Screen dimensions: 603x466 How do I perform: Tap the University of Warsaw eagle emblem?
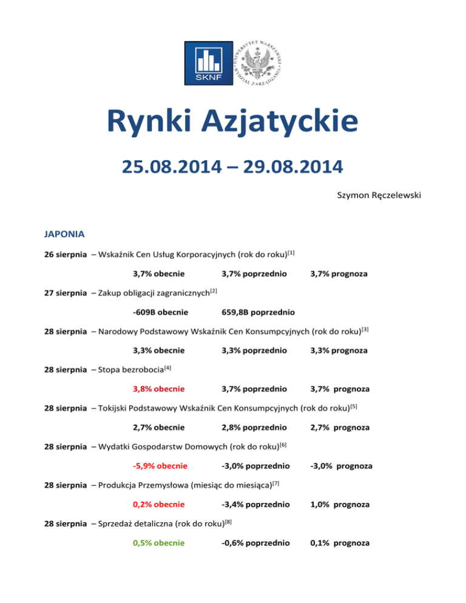tap(259, 62)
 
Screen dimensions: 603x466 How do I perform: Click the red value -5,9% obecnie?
tap(160, 466)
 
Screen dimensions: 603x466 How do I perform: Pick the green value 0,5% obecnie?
tap(159, 543)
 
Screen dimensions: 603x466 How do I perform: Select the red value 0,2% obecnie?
tap(159, 504)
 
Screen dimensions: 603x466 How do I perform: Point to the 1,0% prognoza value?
tap(339, 504)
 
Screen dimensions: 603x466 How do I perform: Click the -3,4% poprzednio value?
tap(255, 504)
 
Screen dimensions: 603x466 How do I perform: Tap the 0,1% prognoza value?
tap(339, 543)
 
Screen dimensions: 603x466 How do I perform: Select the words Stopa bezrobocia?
tap(124, 369)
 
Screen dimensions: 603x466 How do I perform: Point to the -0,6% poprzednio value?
tap(255, 543)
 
